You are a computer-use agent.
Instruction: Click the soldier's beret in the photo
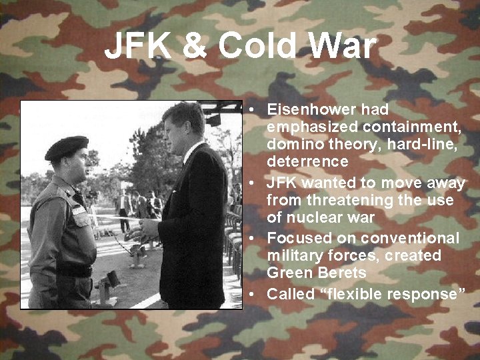[x=67, y=147]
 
